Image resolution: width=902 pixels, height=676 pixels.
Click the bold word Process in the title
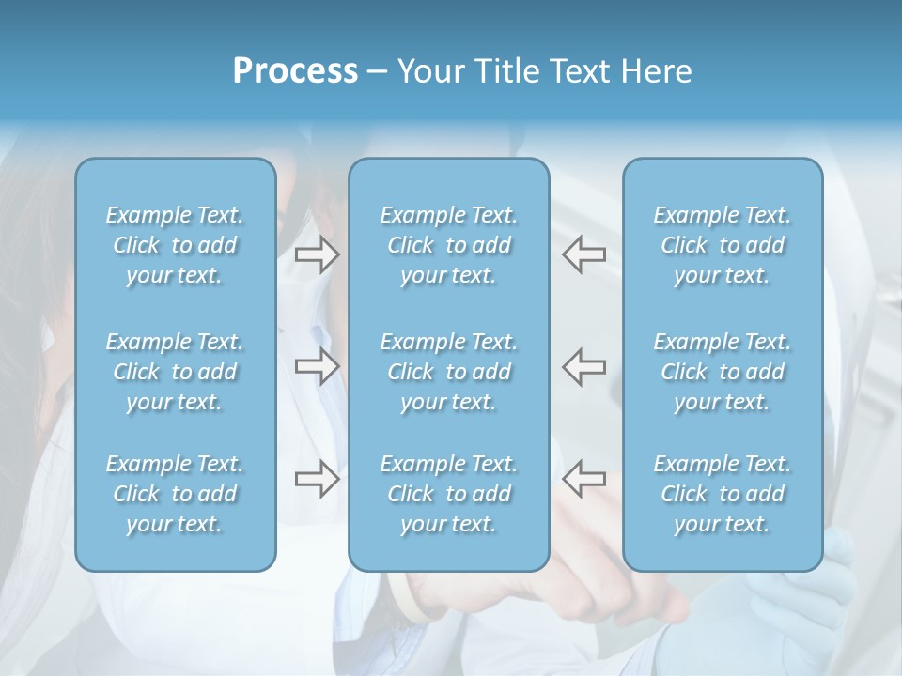click(295, 71)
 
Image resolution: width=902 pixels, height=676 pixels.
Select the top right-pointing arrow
click(317, 254)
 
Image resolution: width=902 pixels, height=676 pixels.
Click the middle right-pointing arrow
click(317, 366)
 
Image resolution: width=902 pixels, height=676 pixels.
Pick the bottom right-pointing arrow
click(317, 479)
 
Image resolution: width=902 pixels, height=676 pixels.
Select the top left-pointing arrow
click(584, 254)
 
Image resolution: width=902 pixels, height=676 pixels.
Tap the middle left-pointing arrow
click(584, 366)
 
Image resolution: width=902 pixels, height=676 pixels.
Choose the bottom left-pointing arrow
click(584, 479)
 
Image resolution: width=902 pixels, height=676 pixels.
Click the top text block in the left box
click(175, 246)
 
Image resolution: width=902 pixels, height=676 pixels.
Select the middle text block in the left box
click(175, 372)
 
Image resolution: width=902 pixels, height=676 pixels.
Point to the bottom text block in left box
click(175, 494)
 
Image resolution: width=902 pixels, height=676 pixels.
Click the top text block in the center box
click(448, 246)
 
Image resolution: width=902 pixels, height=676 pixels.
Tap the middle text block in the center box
click(448, 372)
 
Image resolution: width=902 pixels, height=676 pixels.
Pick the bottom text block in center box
click(448, 494)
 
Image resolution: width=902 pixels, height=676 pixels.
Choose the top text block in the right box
click(722, 246)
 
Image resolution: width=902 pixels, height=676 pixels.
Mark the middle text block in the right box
click(722, 372)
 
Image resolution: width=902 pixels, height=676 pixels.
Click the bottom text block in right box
click(722, 494)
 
